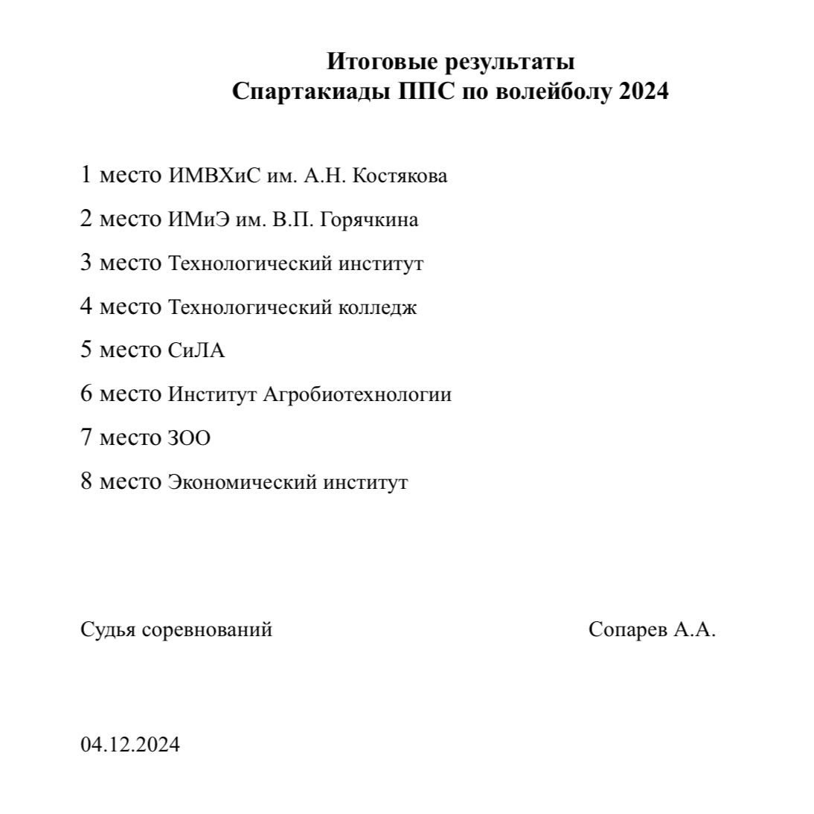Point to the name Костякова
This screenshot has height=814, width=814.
pyautogui.click(x=400, y=176)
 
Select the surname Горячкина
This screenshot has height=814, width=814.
pyautogui.click(x=368, y=220)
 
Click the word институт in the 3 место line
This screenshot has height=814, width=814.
pyautogui.click(x=381, y=263)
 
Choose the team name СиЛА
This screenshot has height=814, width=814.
pyautogui.click(x=196, y=350)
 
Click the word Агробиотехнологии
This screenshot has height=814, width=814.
pyautogui.click(x=357, y=394)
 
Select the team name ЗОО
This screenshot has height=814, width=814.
pyautogui.click(x=189, y=438)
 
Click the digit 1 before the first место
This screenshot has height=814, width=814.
pyautogui.click(x=86, y=176)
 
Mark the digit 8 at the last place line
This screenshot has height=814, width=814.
pyautogui.click(x=86, y=481)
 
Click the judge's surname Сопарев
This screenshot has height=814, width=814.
pyautogui.click(x=628, y=630)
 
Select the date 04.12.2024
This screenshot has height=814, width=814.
pyautogui.click(x=130, y=744)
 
